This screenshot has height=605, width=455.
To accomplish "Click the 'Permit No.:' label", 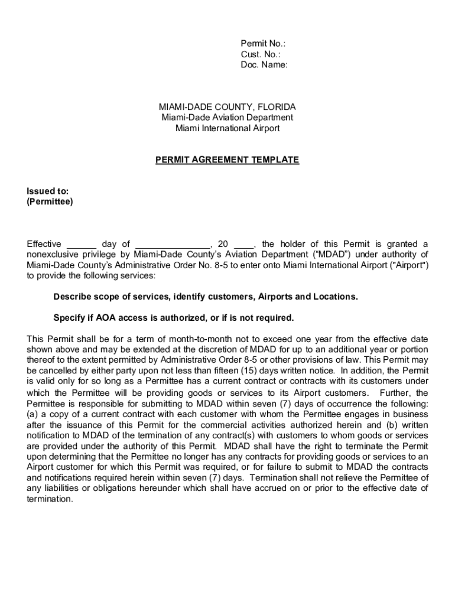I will tap(263, 44).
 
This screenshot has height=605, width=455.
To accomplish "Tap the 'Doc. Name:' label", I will tap(264, 65).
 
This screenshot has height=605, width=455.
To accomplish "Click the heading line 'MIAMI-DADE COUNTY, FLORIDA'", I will tap(227, 107).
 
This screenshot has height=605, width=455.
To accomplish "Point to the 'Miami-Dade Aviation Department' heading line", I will tap(227, 118).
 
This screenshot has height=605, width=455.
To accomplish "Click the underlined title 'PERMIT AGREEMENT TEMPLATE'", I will tap(227, 160).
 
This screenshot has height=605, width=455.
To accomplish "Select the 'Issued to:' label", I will tap(48, 191).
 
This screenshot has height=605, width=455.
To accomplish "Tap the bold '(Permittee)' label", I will tap(50, 201).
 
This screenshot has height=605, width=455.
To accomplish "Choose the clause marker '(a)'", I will tap(33, 414).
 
